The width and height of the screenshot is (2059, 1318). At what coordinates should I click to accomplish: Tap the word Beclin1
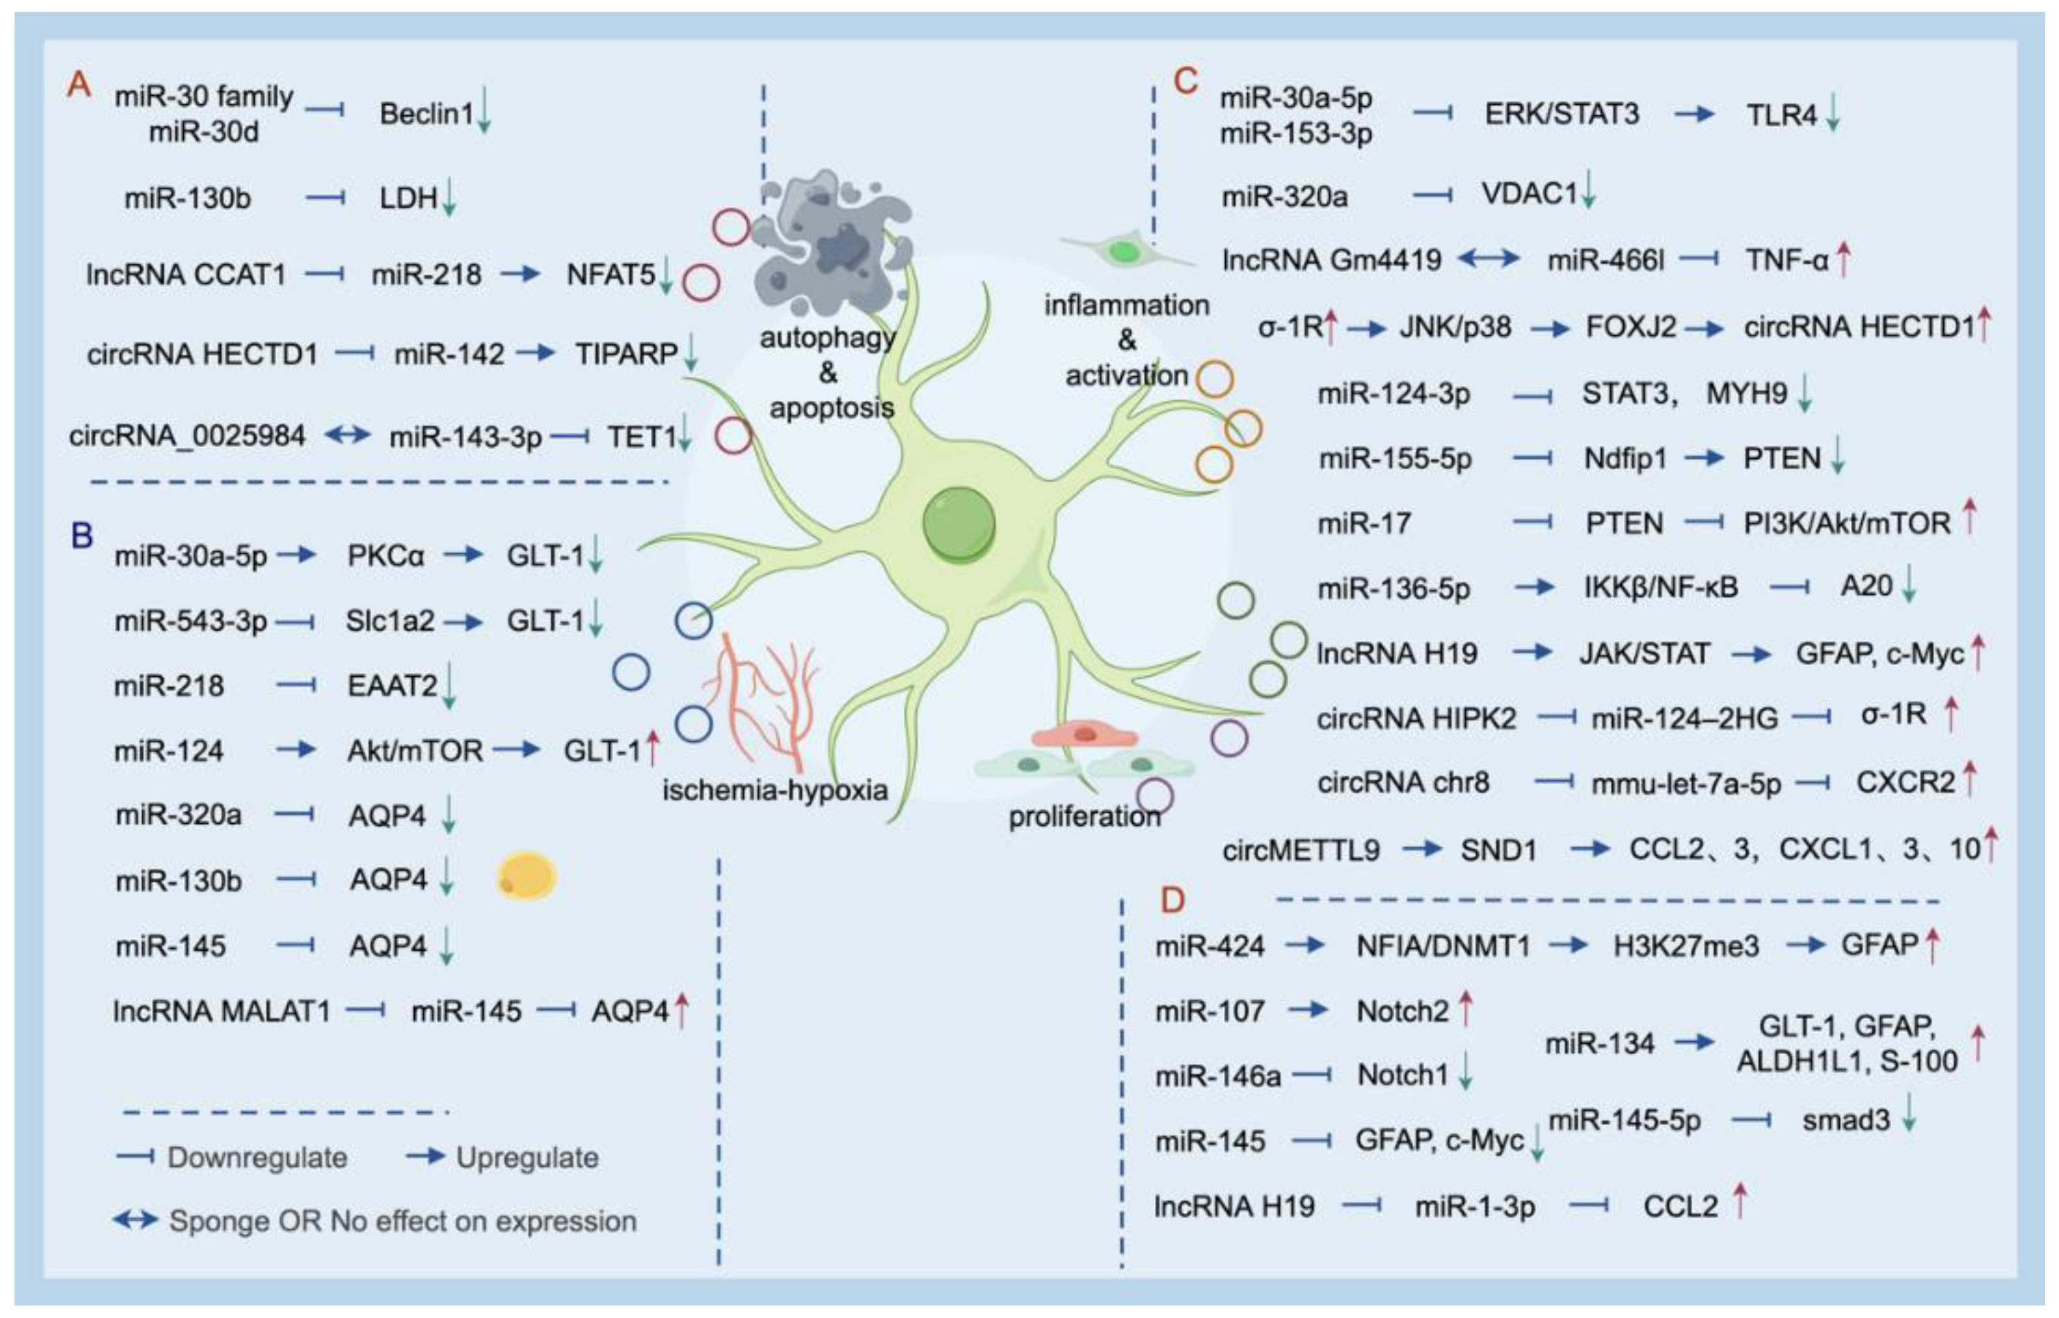click(426, 114)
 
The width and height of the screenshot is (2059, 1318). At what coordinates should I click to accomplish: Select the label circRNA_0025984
click(187, 437)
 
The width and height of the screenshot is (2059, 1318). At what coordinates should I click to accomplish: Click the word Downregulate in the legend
click(257, 1158)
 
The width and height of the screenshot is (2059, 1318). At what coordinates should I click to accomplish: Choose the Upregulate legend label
click(527, 1158)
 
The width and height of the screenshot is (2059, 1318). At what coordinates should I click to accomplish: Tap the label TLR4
click(1781, 115)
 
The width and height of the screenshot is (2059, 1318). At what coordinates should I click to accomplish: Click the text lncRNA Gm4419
click(1332, 260)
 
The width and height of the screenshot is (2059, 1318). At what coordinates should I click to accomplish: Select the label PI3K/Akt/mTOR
click(1847, 523)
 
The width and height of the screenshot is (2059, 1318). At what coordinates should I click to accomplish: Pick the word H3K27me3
click(1686, 947)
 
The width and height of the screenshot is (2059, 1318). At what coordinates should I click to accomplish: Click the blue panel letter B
click(82, 537)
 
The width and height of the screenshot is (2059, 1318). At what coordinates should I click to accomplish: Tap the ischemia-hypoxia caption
click(775, 790)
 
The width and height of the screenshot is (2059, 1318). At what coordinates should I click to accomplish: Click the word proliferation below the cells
click(1084, 816)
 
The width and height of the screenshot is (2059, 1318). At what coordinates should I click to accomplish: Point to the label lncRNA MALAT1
click(221, 1012)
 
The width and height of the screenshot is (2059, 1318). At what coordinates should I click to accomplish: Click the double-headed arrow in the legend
click(135, 1219)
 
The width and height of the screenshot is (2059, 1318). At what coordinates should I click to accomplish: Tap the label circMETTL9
click(1300, 850)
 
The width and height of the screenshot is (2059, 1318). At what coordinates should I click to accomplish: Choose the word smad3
click(1845, 1120)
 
